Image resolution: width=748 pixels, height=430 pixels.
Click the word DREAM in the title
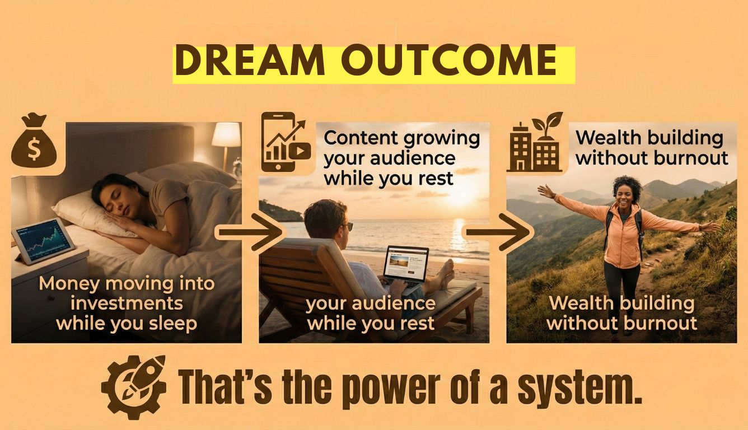pos(250,62)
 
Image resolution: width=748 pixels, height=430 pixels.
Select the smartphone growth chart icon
pos(286,142)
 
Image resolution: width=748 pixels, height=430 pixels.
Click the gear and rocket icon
pos(134,387)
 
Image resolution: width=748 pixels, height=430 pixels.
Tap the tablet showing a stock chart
pos(44,240)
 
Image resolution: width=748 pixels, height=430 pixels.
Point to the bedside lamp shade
pos(226,134)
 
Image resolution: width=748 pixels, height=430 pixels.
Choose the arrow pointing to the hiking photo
pos(498,232)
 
